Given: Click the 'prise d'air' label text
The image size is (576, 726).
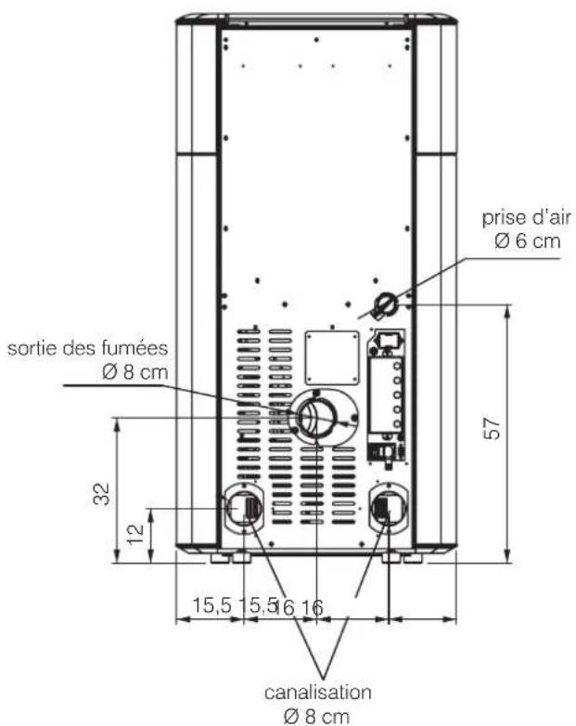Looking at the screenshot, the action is [527, 217].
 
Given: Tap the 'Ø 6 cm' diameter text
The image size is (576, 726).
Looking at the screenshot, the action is [528, 240].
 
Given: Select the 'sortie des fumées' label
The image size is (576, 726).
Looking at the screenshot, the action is [87, 348].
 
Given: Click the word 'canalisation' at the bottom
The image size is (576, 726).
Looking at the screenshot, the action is [318, 693].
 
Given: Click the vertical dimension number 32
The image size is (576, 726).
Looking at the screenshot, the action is [102, 494].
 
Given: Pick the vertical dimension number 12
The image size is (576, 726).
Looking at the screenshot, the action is [135, 535].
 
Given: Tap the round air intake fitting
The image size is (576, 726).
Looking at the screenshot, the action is [385, 304].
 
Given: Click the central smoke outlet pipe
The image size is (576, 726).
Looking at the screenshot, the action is [316, 418].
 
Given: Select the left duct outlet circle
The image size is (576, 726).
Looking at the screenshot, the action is [243, 509].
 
